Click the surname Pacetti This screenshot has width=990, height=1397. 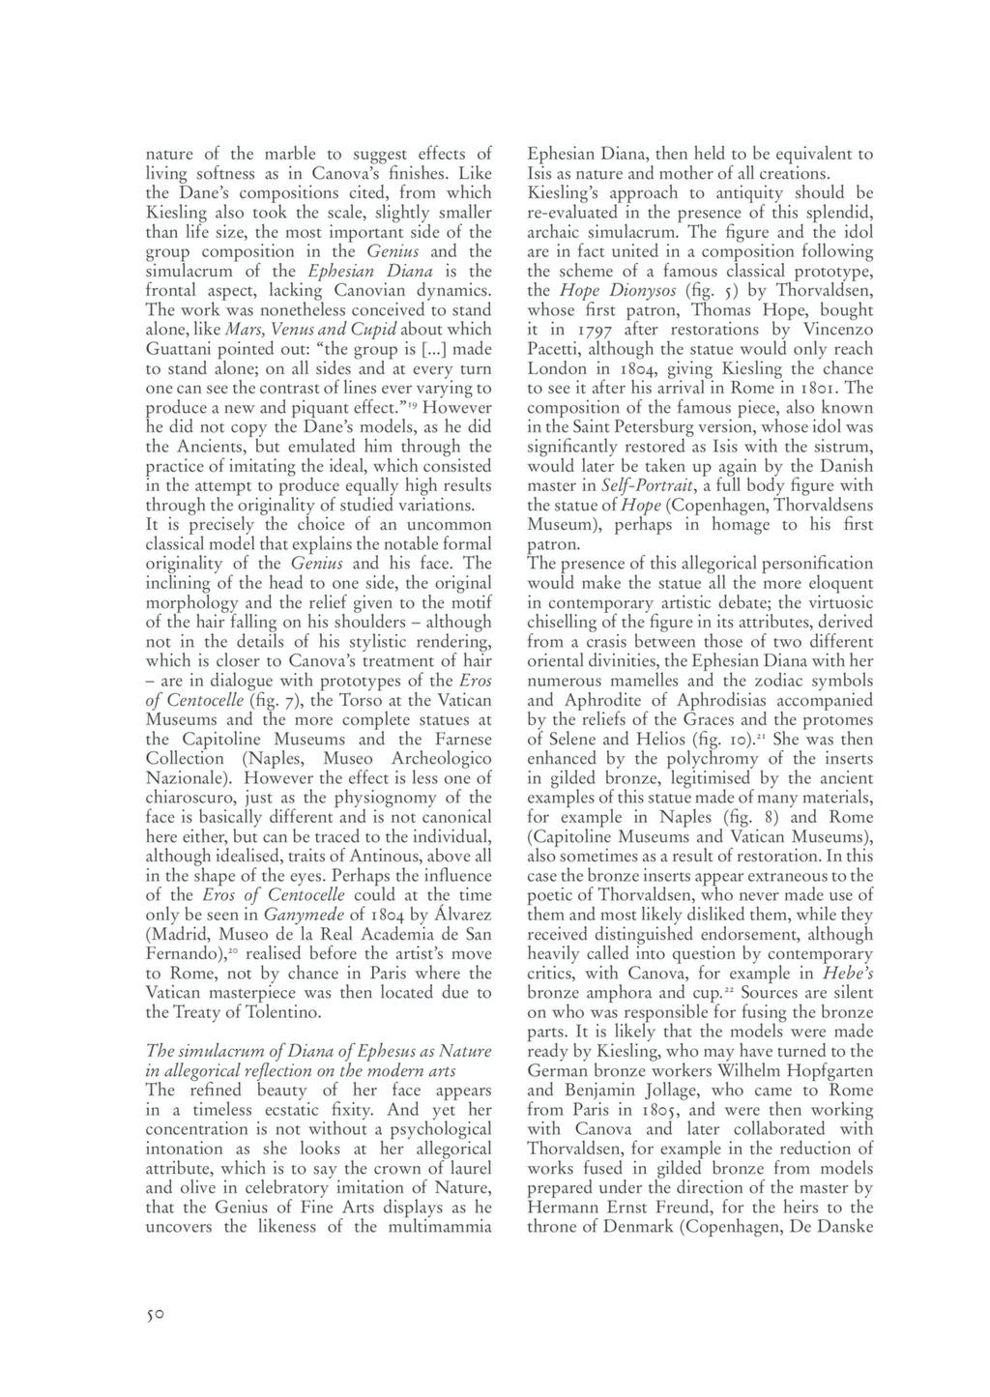tap(555, 349)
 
